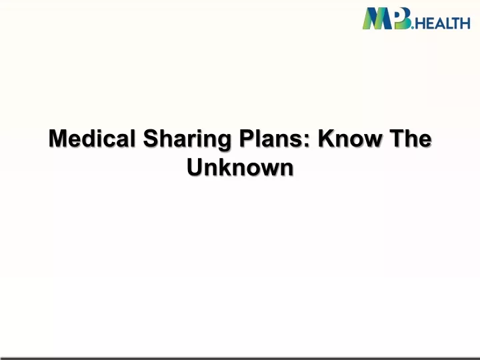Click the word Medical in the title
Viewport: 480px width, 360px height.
pyautogui.click(x=92, y=139)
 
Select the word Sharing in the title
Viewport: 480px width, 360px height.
pyautogui.click(x=187, y=140)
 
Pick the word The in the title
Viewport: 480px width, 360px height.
pyautogui.click(x=410, y=139)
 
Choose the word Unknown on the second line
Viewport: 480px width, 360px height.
pyautogui.click(x=240, y=167)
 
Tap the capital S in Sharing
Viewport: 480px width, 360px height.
pyautogui.click(x=151, y=139)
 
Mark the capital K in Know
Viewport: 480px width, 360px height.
pyautogui.click(x=327, y=139)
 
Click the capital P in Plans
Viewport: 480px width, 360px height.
pyautogui.click(x=247, y=139)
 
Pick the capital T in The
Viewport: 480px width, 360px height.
pyautogui.click(x=397, y=139)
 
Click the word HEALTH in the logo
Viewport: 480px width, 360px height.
pyautogui.click(x=443, y=23)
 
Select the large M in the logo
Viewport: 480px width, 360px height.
pyautogui.click(x=378, y=19)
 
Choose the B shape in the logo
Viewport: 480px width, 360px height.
pyautogui.click(x=402, y=19)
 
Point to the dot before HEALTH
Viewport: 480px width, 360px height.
pyautogui.click(x=413, y=27)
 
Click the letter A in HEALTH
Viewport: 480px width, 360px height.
pyautogui.click(x=439, y=23)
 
